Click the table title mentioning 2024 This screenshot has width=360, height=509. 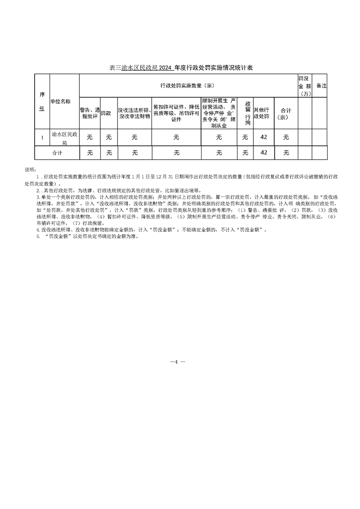pos(181,68)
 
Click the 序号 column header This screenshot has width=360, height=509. pos(42,102)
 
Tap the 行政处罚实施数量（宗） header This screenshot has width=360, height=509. pos(187,85)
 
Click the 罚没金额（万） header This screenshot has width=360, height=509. pos(304,85)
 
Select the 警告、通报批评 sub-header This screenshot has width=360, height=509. pos(89,113)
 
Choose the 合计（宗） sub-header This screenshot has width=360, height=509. pos(286,113)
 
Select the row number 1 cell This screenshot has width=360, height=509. pos(42,137)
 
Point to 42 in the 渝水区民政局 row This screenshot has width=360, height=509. pos(264,137)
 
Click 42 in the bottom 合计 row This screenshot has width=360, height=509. pos(264,153)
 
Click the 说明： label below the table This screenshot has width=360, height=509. pos(30,169)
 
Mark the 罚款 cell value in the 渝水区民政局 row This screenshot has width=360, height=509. pos(109,137)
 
